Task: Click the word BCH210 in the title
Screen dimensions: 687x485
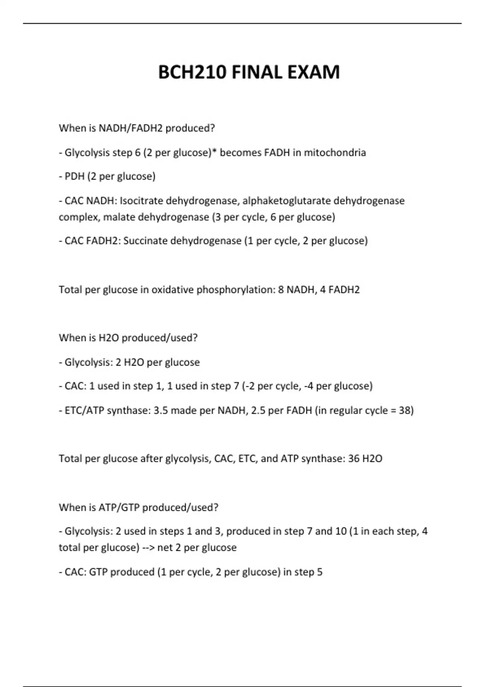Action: click(x=192, y=73)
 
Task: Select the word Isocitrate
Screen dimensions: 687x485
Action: click(x=141, y=201)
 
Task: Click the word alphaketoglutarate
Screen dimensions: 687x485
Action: click(x=286, y=201)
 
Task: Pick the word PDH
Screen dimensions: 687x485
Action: click(x=74, y=177)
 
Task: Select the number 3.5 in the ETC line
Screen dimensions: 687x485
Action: click(x=161, y=411)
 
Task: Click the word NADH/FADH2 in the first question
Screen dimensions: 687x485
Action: click(x=131, y=128)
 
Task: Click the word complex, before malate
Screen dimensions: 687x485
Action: click(x=79, y=217)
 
